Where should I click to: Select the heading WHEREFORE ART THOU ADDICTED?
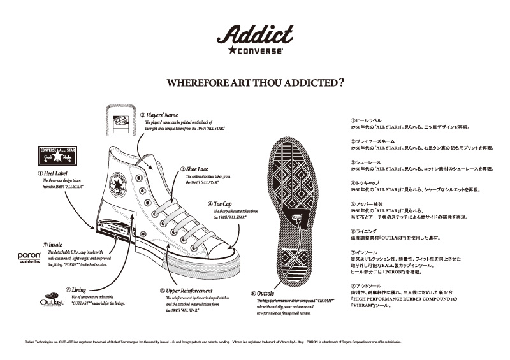point(255,82)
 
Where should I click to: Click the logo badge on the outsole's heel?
point(297,219)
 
